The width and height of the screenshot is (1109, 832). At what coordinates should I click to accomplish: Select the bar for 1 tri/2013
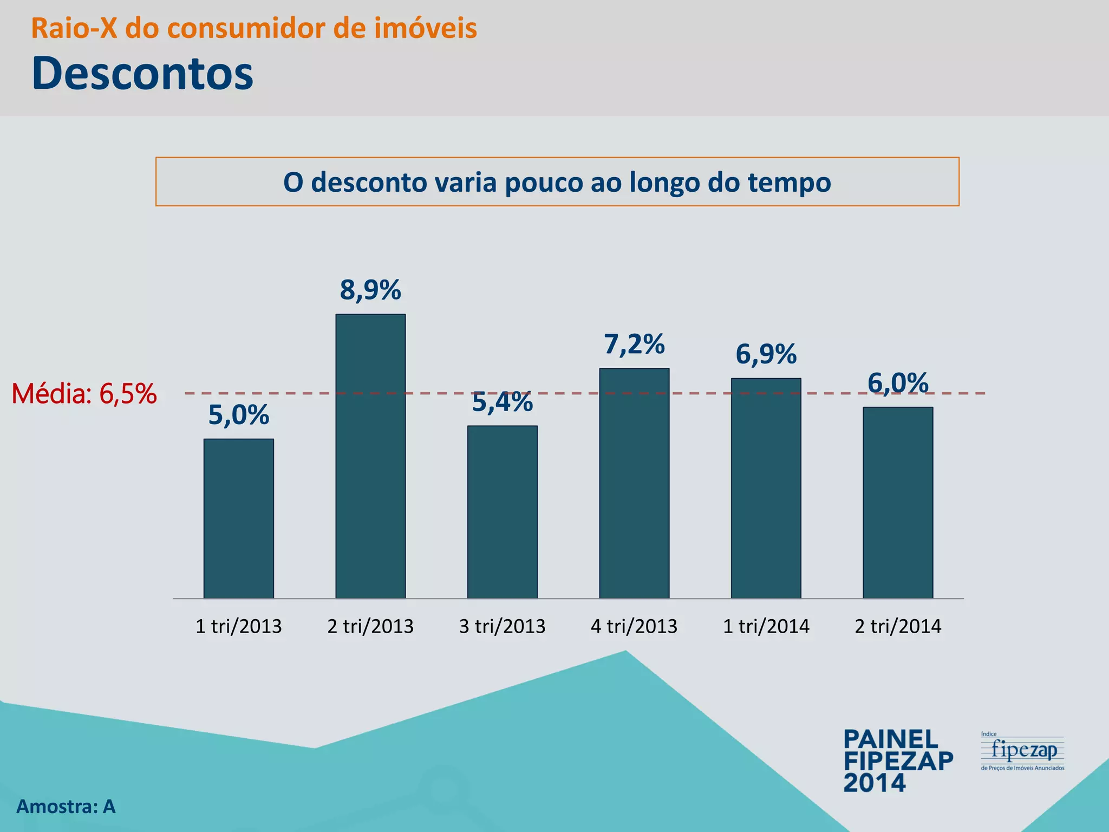point(239,518)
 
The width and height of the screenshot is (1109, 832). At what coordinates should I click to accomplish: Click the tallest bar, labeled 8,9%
point(370,456)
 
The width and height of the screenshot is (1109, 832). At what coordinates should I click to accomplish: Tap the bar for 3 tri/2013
point(503,512)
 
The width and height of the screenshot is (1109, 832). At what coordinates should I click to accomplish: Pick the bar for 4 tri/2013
point(634,483)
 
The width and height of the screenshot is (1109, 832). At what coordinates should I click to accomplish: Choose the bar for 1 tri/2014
point(766,488)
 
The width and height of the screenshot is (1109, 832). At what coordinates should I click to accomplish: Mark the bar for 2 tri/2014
point(898,503)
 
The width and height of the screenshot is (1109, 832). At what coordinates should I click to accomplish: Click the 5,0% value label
point(239,415)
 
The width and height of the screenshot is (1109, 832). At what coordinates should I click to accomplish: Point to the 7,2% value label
point(634,344)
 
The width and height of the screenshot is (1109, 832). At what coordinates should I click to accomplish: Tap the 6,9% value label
point(766,355)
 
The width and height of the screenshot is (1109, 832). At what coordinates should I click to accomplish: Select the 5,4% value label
point(503,402)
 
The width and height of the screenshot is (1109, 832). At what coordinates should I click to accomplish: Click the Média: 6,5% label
point(84,394)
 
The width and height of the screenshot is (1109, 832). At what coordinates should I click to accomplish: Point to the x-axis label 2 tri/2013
point(370,627)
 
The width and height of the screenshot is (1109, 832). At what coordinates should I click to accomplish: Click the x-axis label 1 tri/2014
point(766,627)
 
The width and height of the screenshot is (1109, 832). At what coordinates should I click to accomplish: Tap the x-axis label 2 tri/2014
point(898,627)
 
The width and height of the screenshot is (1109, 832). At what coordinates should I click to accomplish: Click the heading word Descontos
point(142,73)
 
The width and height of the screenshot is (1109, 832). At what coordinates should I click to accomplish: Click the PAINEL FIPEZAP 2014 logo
point(898,761)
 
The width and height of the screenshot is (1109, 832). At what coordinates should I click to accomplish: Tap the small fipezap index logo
point(1022,751)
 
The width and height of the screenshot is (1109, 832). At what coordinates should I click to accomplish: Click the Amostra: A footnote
point(66,807)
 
